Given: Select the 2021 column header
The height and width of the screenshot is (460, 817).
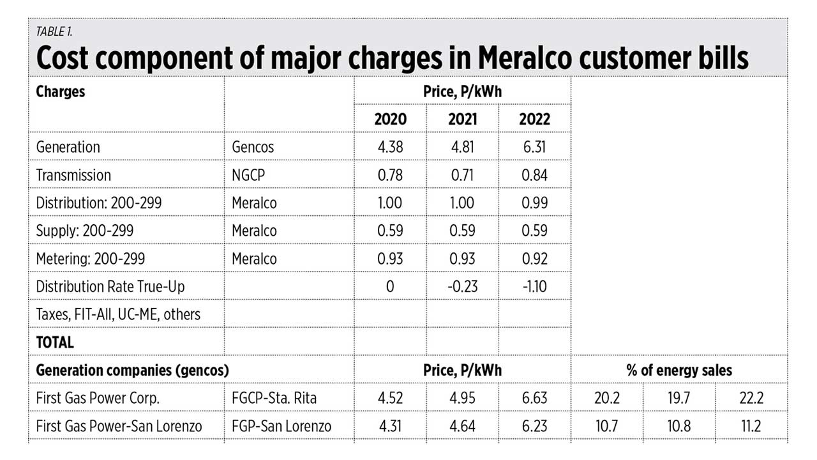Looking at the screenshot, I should pos(462,119).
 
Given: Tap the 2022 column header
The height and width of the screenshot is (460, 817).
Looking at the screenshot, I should pos(534,119).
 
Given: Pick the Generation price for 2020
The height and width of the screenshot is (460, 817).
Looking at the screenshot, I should pos(390,147).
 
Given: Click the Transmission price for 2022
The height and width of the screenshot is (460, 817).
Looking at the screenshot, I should pos(534,175).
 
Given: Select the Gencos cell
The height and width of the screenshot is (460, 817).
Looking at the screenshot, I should pos(253,147).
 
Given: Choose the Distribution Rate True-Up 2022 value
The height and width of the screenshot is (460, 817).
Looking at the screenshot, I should pos(534,286).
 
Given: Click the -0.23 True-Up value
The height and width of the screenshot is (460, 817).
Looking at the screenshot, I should pos(462,286).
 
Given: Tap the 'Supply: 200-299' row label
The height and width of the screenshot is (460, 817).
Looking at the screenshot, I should pos(85,231).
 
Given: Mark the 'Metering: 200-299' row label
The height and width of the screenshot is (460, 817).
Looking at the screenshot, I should pos(91,258).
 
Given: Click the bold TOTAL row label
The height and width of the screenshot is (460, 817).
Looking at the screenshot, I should pos(55,342).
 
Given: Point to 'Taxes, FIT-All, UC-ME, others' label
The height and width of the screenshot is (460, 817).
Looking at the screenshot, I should pos(118,314).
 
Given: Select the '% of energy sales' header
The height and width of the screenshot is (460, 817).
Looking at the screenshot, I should pos(680,370).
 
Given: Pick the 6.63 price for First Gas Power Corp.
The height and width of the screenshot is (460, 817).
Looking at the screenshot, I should pos(534,398).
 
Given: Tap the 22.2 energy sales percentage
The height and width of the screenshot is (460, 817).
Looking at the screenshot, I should pos(751,398).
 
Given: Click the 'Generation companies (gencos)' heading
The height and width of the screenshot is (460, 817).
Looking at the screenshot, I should pos(132,370).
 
